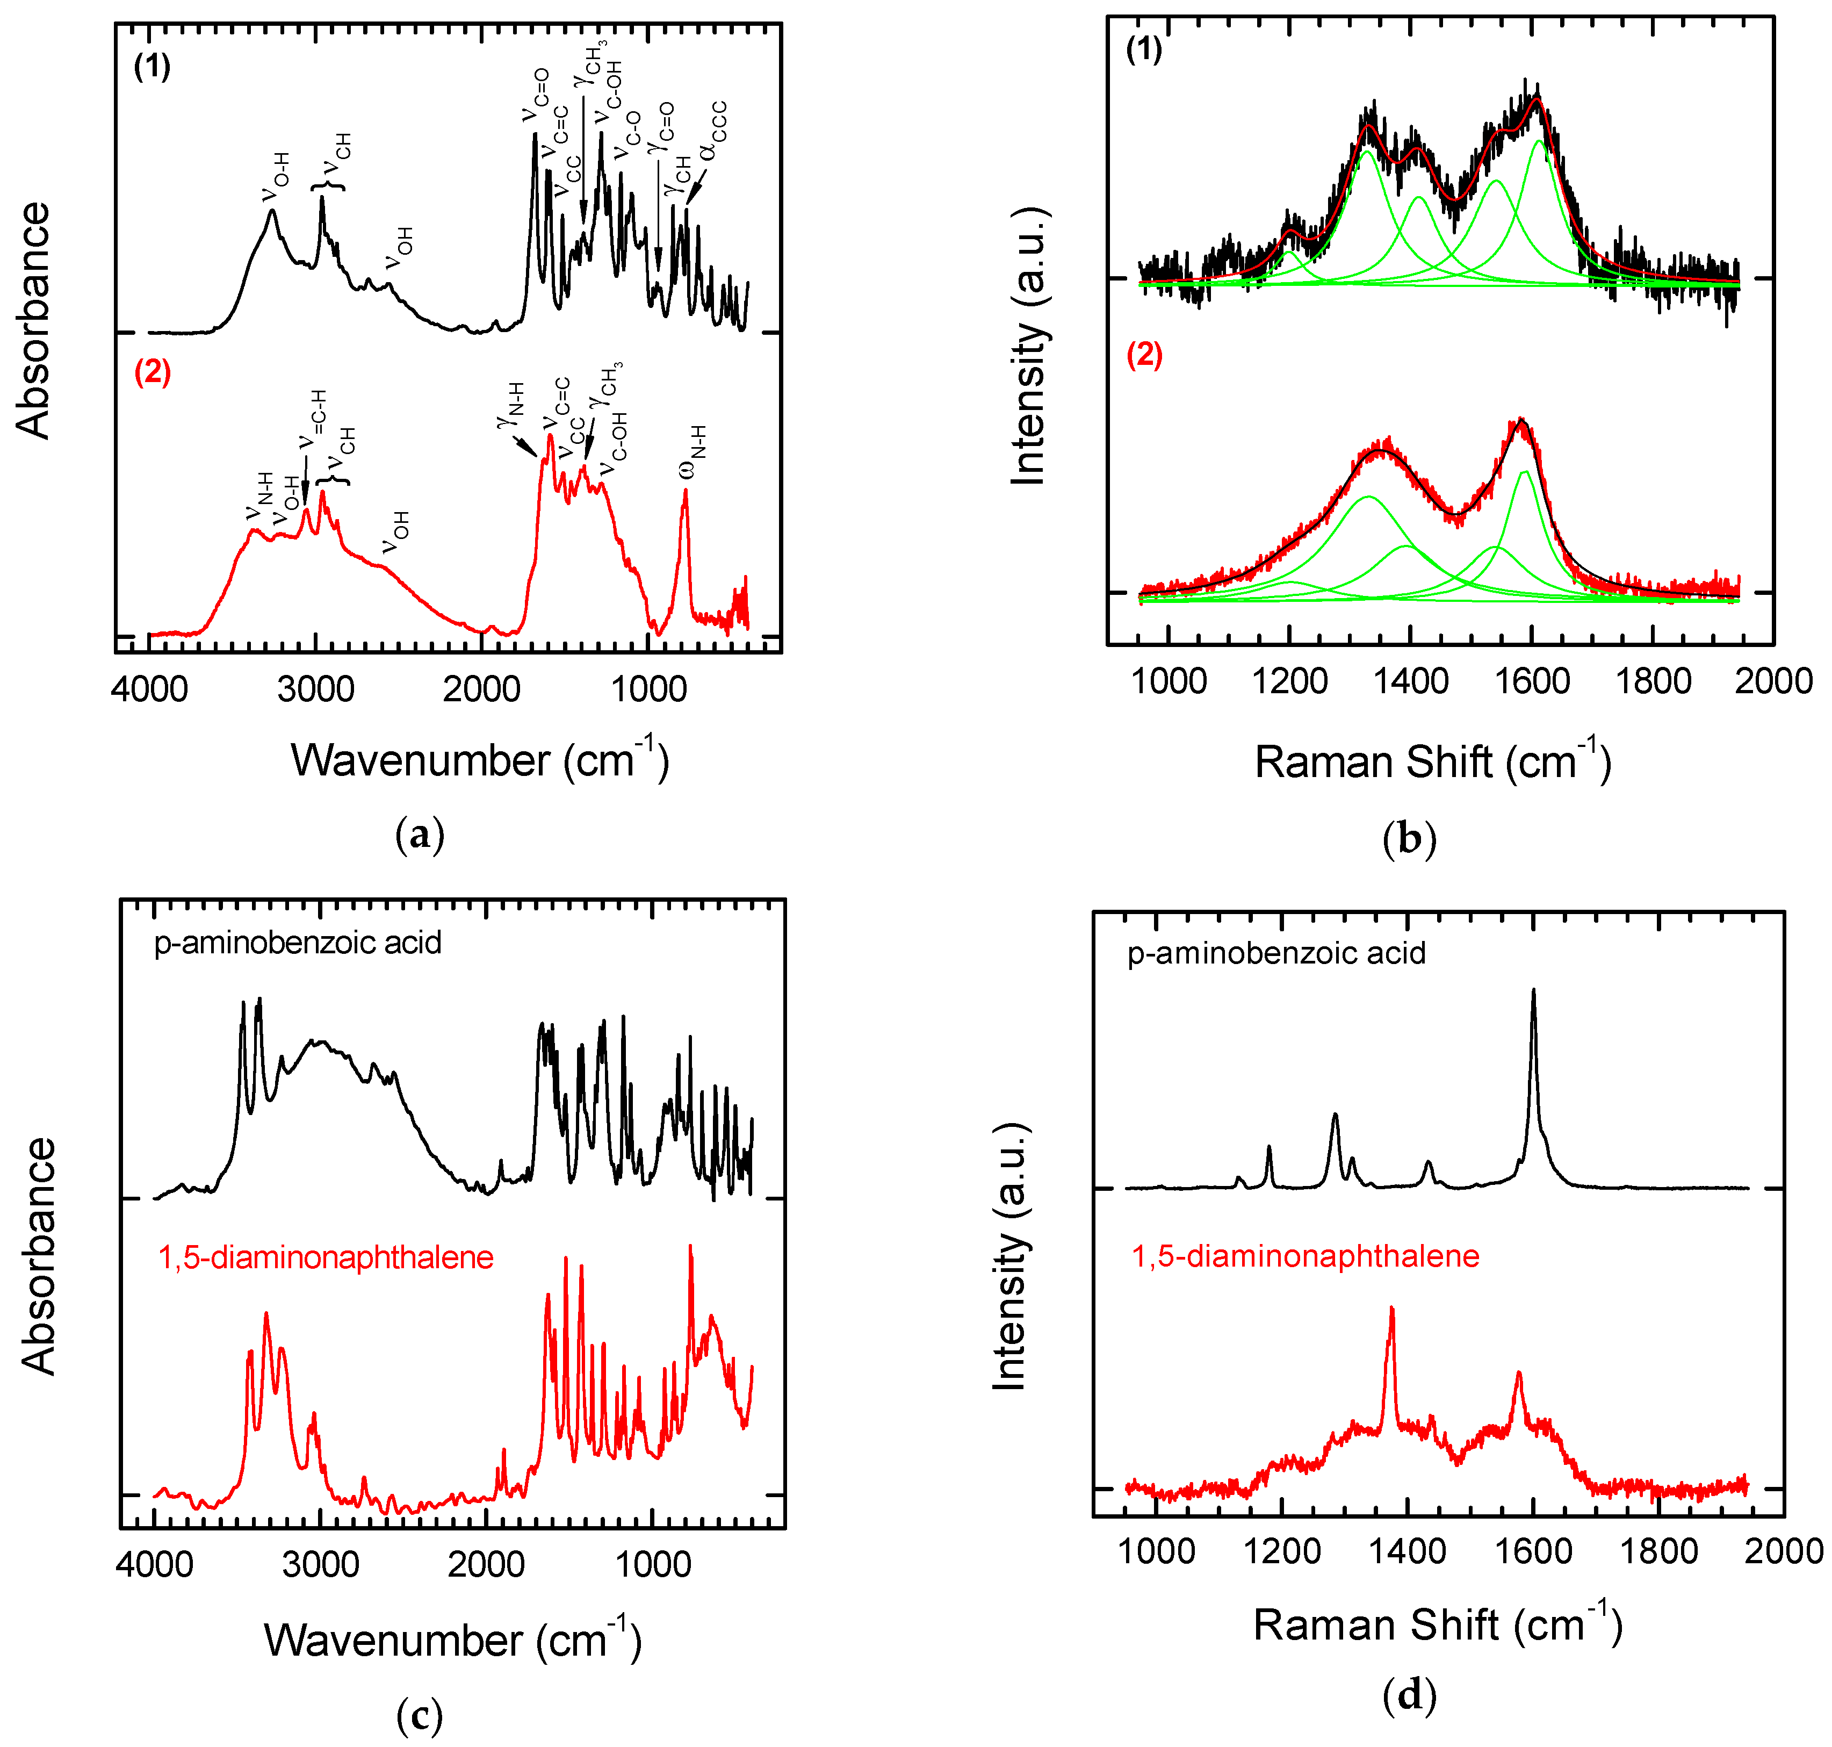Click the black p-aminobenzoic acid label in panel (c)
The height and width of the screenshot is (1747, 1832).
click(298, 943)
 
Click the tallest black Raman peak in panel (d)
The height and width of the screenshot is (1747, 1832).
click(1533, 992)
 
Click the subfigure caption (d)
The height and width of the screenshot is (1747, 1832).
click(1409, 1696)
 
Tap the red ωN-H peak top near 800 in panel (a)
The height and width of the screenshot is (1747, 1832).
click(685, 491)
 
